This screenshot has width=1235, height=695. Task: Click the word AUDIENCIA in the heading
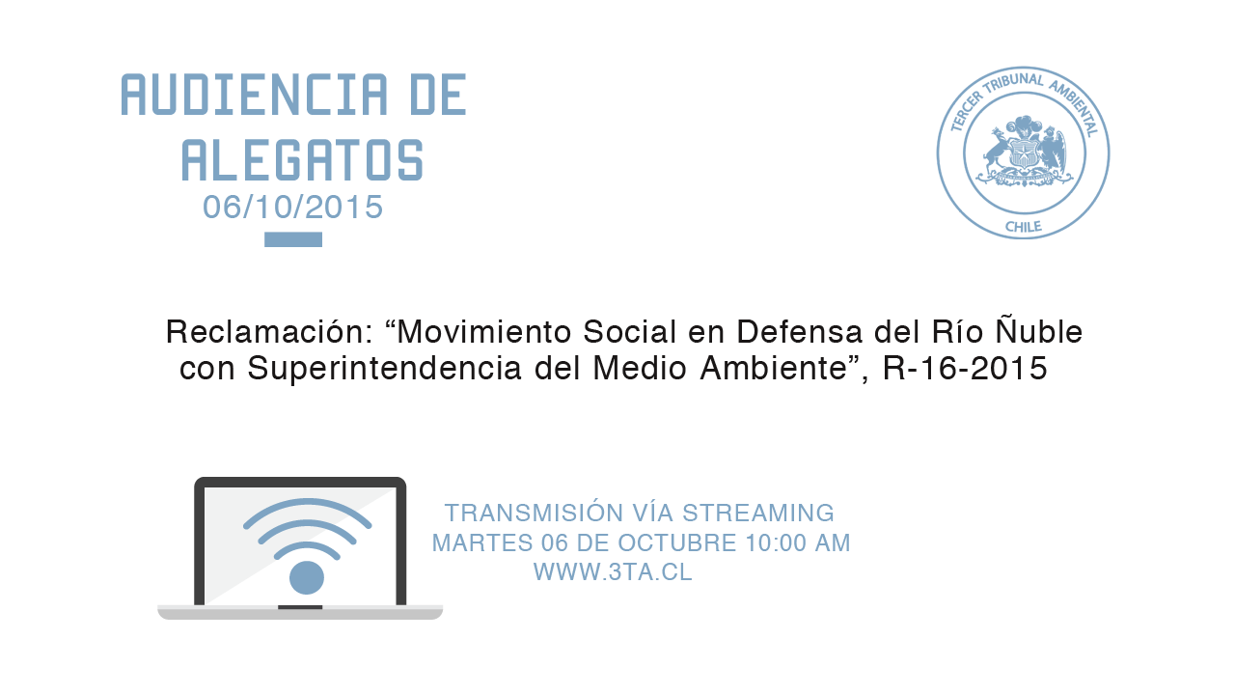pyautogui.click(x=254, y=95)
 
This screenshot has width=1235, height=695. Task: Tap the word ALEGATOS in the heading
pyautogui.click(x=303, y=160)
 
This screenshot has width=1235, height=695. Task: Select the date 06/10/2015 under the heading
pyautogui.click(x=292, y=208)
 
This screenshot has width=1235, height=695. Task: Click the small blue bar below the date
pyautogui.click(x=293, y=239)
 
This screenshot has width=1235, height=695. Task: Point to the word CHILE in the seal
pyautogui.click(x=1024, y=227)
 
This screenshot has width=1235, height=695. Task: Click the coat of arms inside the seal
pyautogui.click(x=1025, y=151)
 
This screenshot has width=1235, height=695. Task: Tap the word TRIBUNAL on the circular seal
pyautogui.click(x=1013, y=84)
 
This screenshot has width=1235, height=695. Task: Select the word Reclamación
pyautogui.click(x=269, y=332)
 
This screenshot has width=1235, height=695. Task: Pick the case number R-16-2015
pyautogui.click(x=965, y=369)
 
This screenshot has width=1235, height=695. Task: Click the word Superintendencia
pyautogui.click(x=384, y=368)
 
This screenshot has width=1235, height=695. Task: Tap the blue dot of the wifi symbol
pyautogui.click(x=307, y=577)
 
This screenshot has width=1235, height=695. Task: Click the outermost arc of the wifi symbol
pyautogui.click(x=307, y=501)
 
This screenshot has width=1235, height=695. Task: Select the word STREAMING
pyautogui.click(x=758, y=513)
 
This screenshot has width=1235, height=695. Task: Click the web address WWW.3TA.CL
pyautogui.click(x=613, y=572)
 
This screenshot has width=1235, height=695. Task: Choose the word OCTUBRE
pyautogui.click(x=677, y=543)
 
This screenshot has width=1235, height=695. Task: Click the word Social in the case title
pyautogui.click(x=630, y=332)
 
